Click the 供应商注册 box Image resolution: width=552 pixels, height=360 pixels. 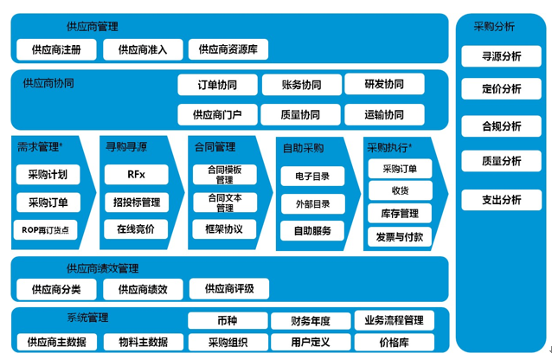tap(56, 49)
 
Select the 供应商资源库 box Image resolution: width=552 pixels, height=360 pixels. tap(228, 49)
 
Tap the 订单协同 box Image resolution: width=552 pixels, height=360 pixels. tap(217, 85)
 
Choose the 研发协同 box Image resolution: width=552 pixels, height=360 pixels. tap(384, 84)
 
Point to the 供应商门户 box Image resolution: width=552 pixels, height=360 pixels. tap(217, 114)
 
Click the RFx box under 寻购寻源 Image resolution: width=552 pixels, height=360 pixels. tap(136, 174)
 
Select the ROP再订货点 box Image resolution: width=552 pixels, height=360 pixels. tap(45, 230)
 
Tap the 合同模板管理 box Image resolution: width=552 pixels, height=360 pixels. tap(225, 174)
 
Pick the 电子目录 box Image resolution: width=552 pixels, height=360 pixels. tap(312, 177)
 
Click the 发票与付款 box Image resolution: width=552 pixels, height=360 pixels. tap(400, 237)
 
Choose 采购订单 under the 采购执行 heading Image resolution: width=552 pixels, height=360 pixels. tap(400, 169)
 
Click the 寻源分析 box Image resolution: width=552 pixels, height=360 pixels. tap(501, 56)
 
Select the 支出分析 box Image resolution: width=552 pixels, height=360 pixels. tap(501, 200)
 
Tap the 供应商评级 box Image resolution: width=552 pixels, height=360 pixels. tap(229, 289)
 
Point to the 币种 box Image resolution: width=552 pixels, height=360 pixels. tap(228, 321)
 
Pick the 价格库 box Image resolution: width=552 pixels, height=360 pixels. tap(395, 342)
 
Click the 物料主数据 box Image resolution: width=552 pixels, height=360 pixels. tap(144, 342)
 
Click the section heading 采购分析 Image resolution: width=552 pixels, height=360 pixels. tap(494, 27)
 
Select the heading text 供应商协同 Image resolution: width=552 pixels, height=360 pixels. tap(48, 83)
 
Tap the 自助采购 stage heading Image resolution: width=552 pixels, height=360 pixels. tap(303, 148)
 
